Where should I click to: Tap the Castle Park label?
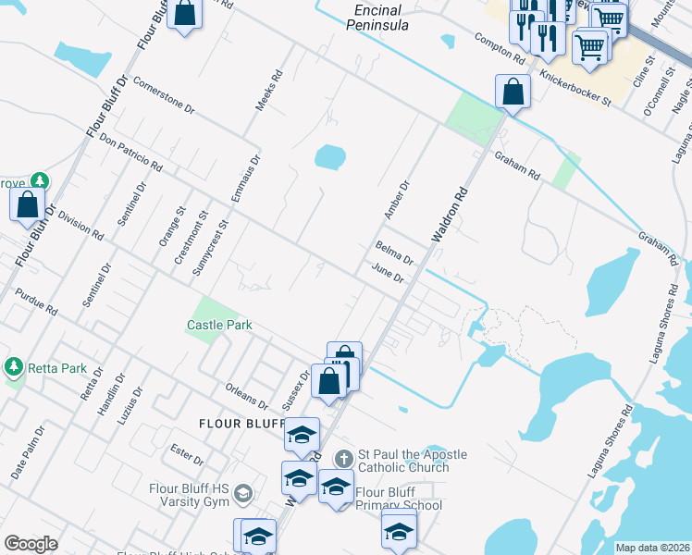coord(219,325)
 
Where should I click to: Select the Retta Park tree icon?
coord(13,367)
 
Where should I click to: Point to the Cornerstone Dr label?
coord(164,94)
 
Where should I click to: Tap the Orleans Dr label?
coord(246,396)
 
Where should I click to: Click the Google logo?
coord(31,544)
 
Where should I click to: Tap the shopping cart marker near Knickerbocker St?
coord(589,44)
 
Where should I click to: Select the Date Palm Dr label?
coord(28,452)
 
